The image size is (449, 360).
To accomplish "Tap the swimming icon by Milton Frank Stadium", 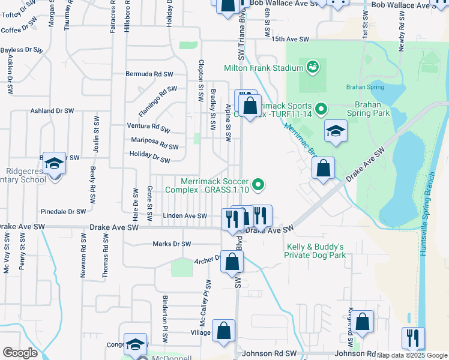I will tap(312, 67).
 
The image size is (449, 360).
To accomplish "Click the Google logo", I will tap(20, 353).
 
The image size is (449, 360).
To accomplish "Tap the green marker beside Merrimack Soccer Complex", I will tap(259, 184).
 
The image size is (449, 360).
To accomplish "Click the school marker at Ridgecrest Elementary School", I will tap(54, 163).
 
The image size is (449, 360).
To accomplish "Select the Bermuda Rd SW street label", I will tap(149, 74).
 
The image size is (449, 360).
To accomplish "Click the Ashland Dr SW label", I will tap(52, 111).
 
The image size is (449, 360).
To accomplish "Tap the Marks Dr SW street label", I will tap(172, 244).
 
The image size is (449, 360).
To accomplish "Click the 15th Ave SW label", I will tap(290, 40).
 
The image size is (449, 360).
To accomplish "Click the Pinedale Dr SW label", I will tap(64, 212).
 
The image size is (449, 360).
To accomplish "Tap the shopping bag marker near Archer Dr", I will tap(233, 262).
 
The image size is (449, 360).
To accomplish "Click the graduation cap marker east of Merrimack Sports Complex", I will tap(336, 131).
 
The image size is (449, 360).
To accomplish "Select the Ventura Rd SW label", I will tap(149, 127).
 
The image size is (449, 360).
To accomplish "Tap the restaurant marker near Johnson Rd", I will tap(412, 338).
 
